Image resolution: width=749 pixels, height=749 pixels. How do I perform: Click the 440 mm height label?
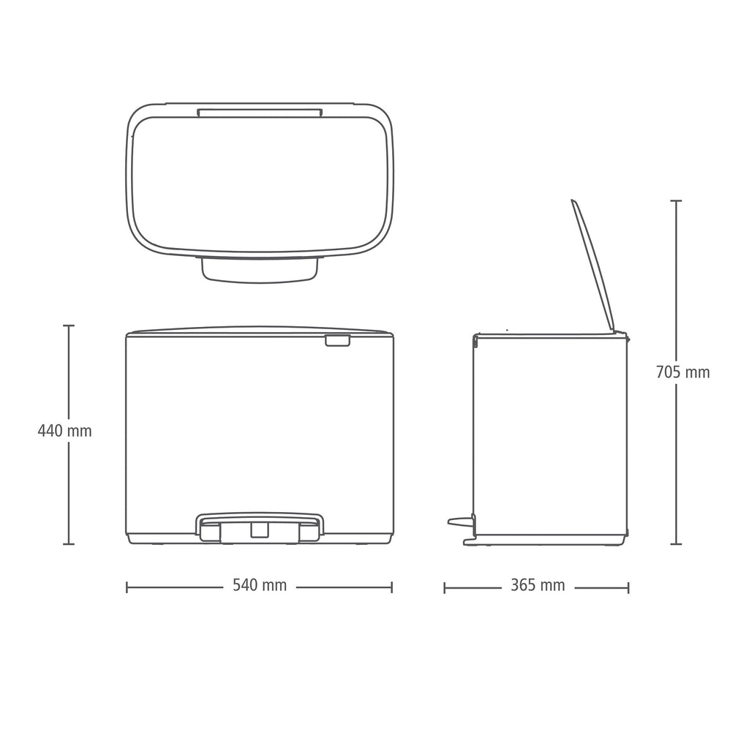(64, 431)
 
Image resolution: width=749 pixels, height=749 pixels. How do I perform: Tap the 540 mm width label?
(260, 585)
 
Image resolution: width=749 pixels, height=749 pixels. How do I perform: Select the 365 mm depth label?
(538, 585)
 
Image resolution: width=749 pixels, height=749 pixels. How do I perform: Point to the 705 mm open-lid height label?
(682, 372)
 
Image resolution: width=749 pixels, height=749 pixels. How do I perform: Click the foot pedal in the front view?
(260, 527)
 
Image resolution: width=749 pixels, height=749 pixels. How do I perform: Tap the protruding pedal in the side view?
(461, 522)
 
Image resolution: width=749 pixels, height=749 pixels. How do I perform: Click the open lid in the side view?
(592, 265)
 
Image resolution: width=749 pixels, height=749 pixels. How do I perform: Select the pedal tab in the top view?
(260, 270)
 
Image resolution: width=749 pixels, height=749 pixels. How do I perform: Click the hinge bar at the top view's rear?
(260, 112)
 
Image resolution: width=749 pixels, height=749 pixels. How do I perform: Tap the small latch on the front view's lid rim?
(337, 341)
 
